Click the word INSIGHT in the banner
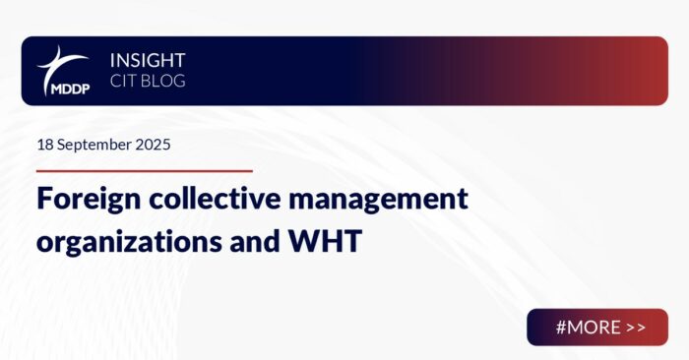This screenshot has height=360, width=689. (x=148, y=60)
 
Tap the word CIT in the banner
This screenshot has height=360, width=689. (x=123, y=82)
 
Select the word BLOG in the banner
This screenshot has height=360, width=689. (x=162, y=82)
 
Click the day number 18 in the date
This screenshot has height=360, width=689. (x=45, y=144)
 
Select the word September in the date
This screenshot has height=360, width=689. (x=94, y=144)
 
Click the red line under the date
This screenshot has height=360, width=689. (x=144, y=170)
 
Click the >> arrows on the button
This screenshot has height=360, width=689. (x=635, y=328)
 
